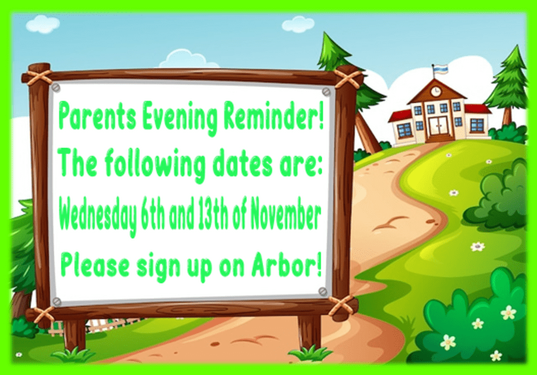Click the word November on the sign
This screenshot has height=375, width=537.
click(285, 217)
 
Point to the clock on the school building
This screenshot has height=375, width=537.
click(436, 91)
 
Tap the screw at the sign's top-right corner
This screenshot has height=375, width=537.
click(326, 91)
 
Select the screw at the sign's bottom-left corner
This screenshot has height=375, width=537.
click(57, 302)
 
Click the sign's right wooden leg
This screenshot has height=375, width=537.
click(309, 333)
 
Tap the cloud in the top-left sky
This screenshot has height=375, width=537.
click(43, 24)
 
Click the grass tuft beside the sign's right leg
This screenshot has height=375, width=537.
click(310, 353)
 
